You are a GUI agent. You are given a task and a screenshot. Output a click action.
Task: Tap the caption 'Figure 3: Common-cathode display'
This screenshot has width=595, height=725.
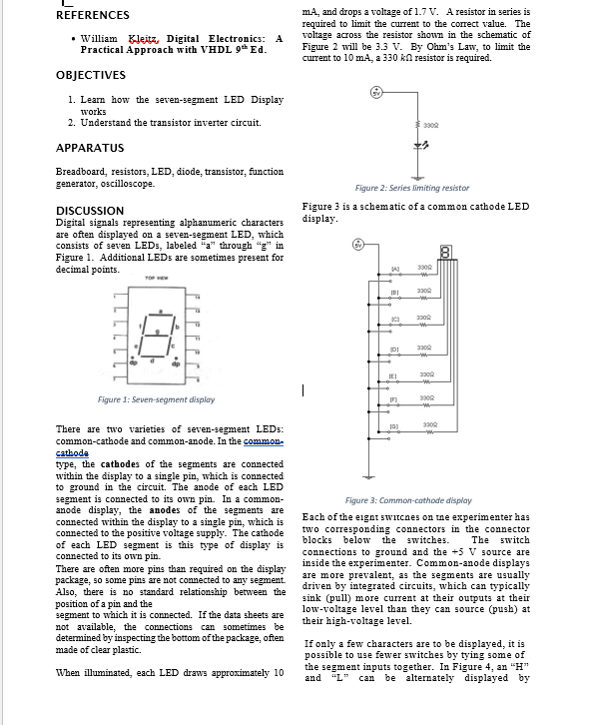[408, 499]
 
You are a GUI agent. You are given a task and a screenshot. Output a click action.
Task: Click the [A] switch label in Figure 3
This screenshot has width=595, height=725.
[394, 270]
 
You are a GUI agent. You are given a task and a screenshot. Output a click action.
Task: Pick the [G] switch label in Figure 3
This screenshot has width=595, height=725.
[394, 426]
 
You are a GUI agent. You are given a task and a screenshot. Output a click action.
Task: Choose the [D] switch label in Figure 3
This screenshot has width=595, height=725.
[394, 349]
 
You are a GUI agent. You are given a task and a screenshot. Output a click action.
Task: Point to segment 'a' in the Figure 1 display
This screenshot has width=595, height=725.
[158, 314]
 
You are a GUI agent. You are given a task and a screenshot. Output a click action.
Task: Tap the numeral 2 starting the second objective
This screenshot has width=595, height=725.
[71, 122]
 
